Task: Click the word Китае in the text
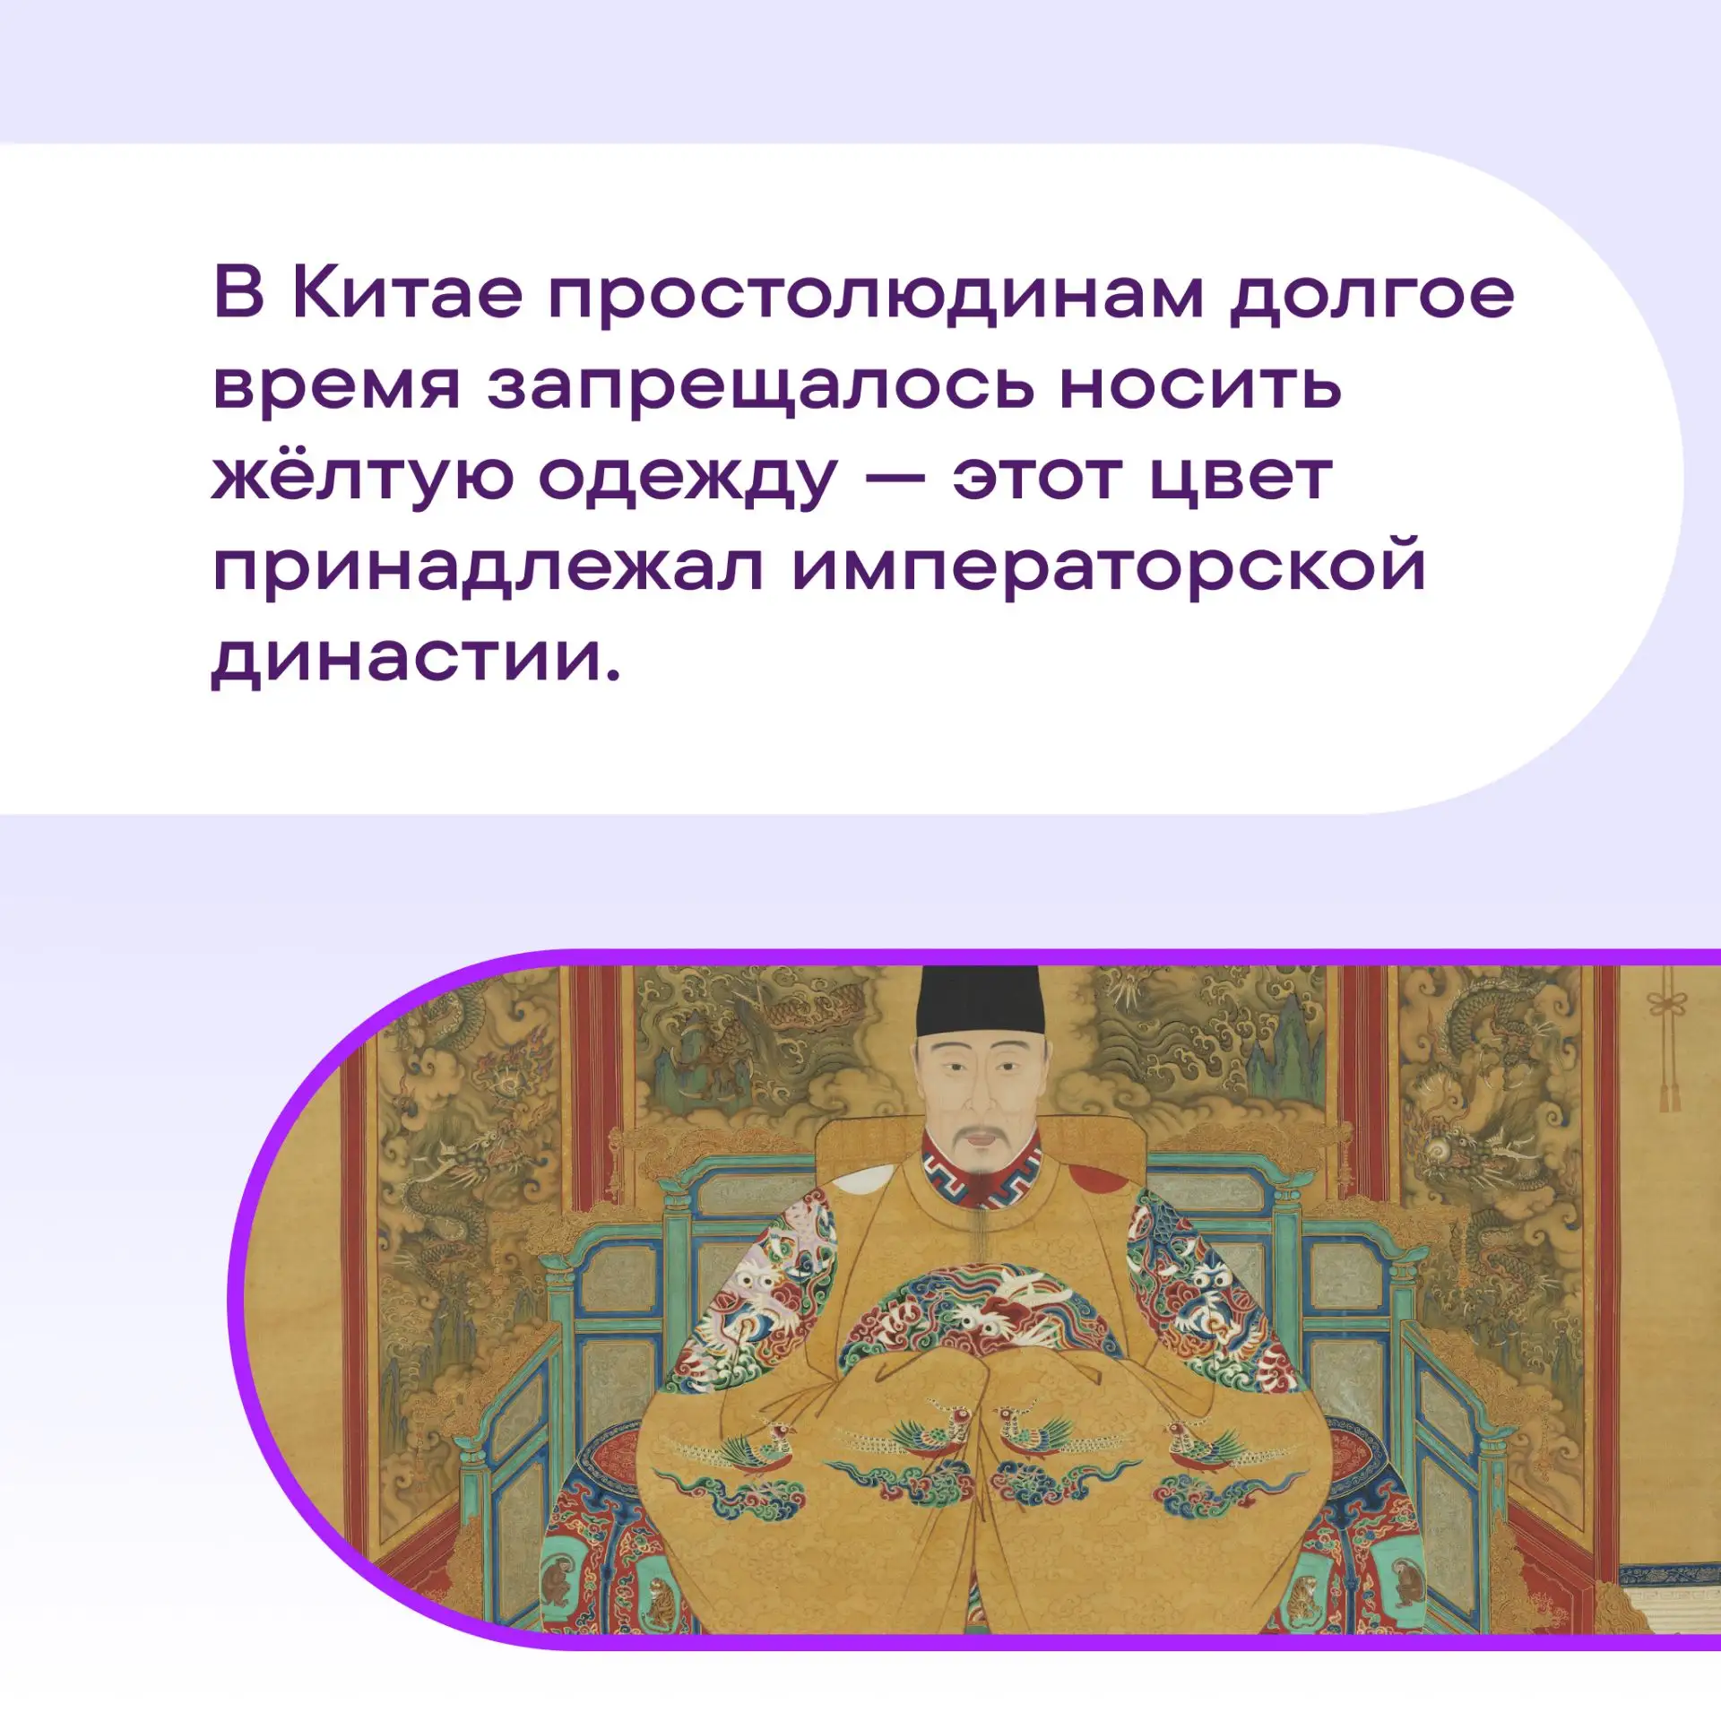(408, 293)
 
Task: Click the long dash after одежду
(894, 478)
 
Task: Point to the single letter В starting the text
(239, 293)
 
